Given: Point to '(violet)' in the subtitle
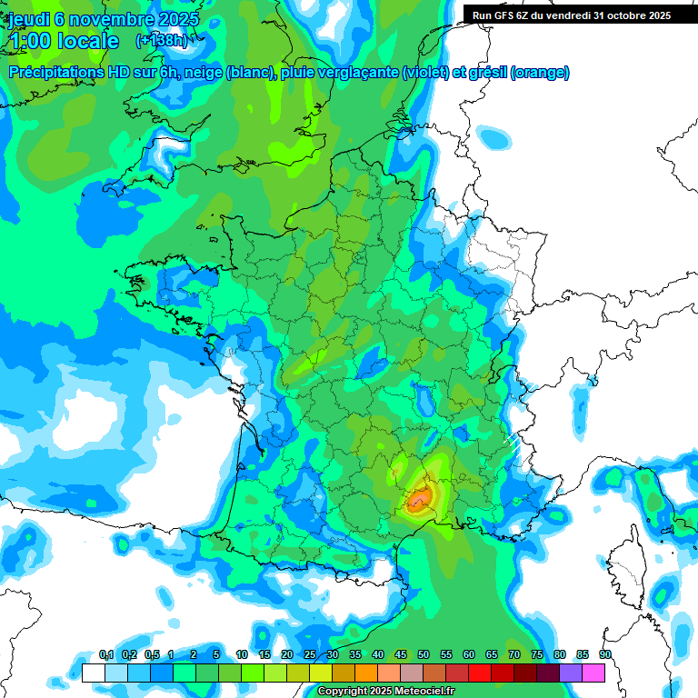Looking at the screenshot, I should point(425,73).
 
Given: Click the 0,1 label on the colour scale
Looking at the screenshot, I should point(105,655).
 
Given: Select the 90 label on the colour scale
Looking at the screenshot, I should point(604,655).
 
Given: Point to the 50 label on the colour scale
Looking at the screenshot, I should point(424,655).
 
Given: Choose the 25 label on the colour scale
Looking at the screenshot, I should point(310,655).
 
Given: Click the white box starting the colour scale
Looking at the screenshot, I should point(93,673).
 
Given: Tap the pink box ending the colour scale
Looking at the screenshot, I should point(593,673).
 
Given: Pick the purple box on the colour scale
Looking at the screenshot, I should point(571,673).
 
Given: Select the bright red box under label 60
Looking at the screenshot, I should point(480,673).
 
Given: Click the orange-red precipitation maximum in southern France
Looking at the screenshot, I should point(419,498).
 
